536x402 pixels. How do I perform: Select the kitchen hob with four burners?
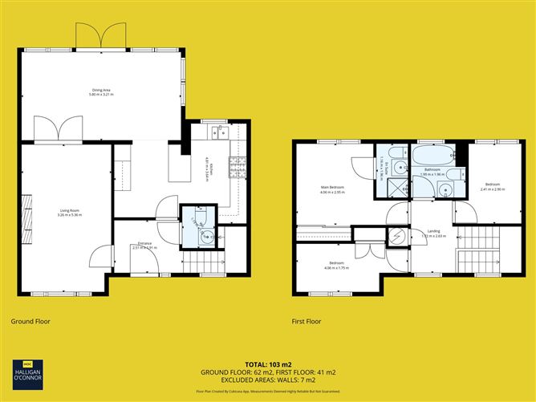237,168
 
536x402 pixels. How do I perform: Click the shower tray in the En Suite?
394,188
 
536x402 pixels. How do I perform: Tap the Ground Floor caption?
30,321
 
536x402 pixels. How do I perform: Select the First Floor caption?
306,321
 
